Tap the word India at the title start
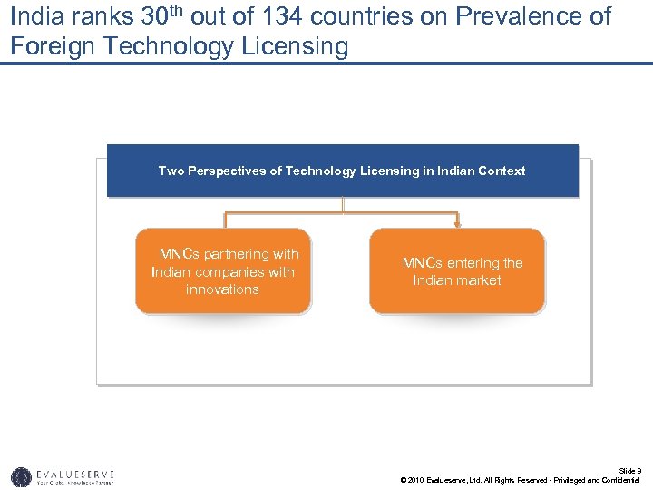coord(34,16)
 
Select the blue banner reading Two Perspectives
coord(342,171)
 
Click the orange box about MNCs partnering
coord(223,271)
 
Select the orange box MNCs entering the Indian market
coord(457,271)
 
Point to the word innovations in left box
coord(222,289)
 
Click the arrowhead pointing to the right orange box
coord(458,223)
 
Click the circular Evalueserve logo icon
coord(21,476)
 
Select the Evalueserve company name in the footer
coord(76,474)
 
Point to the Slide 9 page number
coord(629,471)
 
